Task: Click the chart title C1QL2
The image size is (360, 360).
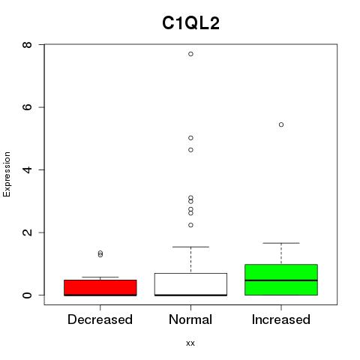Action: pyautogui.click(x=190, y=23)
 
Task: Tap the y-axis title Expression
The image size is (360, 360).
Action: pyautogui.click(x=7, y=174)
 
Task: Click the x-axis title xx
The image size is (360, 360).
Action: pyautogui.click(x=190, y=343)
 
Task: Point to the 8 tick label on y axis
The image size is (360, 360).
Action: pyautogui.click(x=27, y=45)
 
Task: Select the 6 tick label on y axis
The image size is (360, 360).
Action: pyautogui.click(x=27, y=107)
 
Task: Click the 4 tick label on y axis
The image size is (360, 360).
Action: pyautogui.click(x=27, y=169)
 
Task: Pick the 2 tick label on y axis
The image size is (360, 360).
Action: pyautogui.click(x=27, y=232)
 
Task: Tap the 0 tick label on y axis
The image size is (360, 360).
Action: pyautogui.click(x=27, y=295)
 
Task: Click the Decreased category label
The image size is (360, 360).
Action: pyautogui.click(x=100, y=319)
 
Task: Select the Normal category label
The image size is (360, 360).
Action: pyautogui.click(x=190, y=319)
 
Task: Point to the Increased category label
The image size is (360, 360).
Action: pyautogui.click(x=281, y=319)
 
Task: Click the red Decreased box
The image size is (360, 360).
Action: pyautogui.click(x=100, y=288)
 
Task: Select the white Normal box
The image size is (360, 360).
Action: pyautogui.click(x=190, y=284)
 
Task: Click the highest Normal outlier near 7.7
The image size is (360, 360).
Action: pyautogui.click(x=190, y=54)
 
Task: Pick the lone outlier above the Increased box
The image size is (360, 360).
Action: pyautogui.click(x=281, y=124)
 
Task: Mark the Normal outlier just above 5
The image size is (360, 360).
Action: pyautogui.click(x=190, y=138)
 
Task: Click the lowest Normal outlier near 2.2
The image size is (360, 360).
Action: pyautogui.click(x=190, y=225)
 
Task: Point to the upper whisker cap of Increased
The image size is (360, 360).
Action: pyautogui.click(x=281, y=243)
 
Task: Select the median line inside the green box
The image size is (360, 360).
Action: pyautogui.click(x=281, y=280)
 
